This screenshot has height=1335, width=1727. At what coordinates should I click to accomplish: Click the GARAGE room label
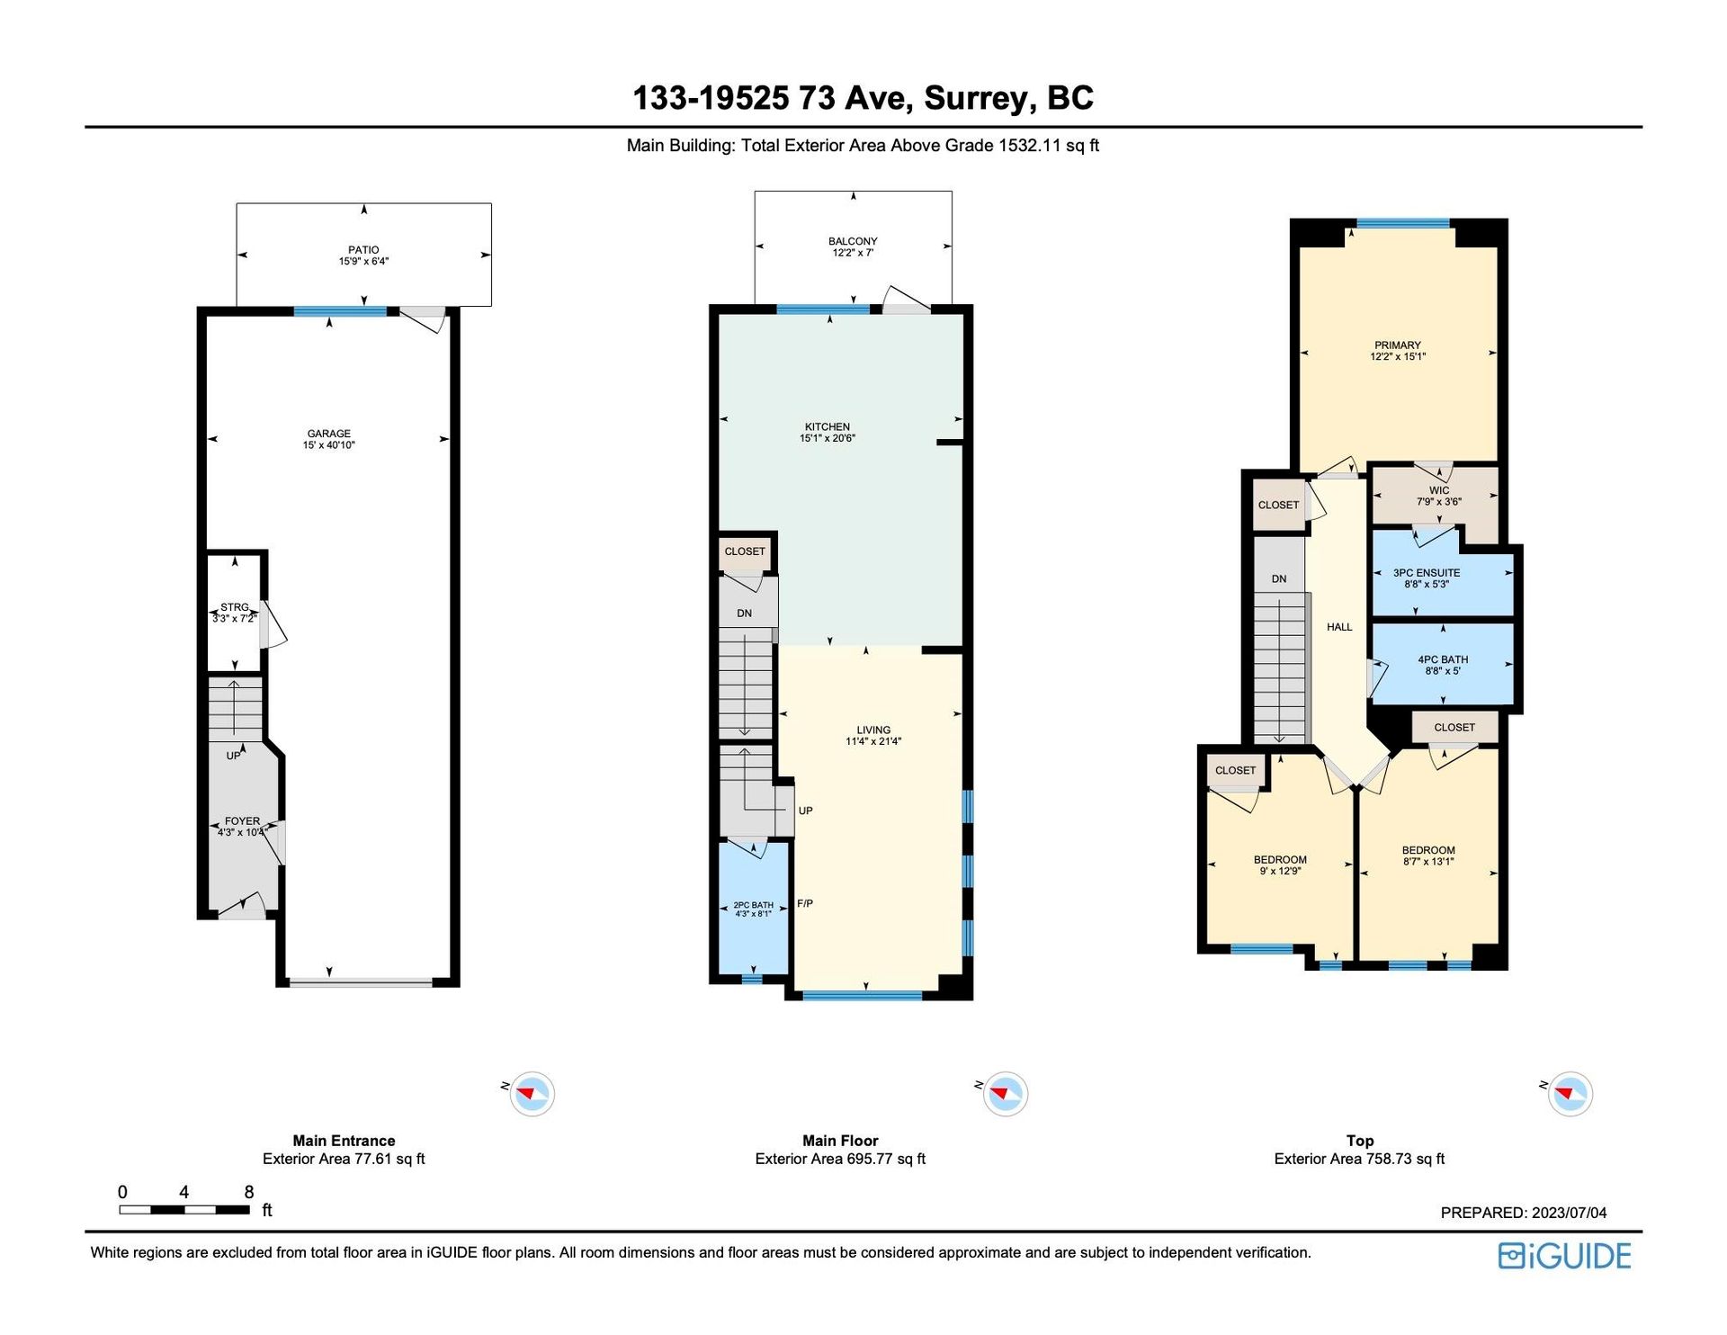[328, 434]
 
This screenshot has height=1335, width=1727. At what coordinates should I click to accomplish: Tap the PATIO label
[363, 250]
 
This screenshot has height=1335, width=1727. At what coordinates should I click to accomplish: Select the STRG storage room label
[235, 607]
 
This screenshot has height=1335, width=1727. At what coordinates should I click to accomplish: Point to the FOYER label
[242, 821]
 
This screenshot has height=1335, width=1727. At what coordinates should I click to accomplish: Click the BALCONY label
[853, 241]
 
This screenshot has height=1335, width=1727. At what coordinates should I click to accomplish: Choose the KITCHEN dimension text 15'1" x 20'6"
[828, 439]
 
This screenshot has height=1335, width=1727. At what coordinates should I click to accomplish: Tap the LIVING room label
[873, 730]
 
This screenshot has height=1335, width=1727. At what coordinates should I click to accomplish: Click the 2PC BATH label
[753, 905]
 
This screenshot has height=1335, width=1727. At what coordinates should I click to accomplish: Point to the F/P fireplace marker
[805, 903]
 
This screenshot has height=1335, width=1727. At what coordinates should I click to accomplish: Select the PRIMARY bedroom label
[1398, 345]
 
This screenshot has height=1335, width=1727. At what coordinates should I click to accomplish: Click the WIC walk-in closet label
[1439, 490]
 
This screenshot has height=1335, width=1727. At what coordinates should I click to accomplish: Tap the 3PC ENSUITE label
[1427, 573]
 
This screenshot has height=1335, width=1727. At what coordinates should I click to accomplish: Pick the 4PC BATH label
[1443, 659]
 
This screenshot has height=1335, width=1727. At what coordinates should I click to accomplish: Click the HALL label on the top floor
[1339, 627]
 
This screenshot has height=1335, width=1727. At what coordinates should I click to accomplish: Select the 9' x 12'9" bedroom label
[1280, 871]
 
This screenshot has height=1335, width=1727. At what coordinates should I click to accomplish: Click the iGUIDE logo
[1564, 1256]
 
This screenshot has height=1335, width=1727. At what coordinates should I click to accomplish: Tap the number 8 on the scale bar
[249, 1192]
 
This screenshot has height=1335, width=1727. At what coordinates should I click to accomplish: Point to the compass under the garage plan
[532, 1094]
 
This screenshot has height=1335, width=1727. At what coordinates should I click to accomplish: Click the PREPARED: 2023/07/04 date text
[1524, 1213]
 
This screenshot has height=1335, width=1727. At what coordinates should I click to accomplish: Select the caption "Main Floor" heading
[840, 1141]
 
